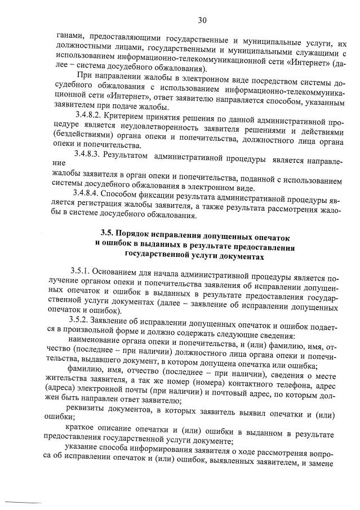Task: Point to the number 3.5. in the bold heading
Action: (108, 232)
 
